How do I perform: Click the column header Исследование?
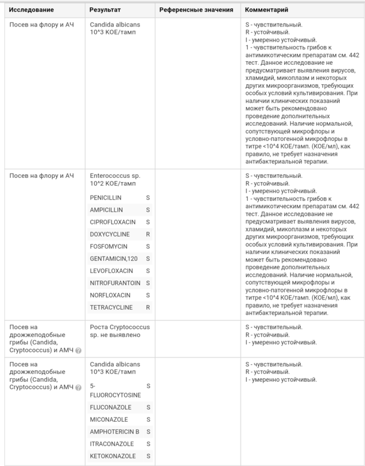(x=31, y=10)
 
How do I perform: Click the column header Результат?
(x=105, y=10)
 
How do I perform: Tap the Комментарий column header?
(x=266, y=10)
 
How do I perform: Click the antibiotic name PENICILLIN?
(x=106, y=197)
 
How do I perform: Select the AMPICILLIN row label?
(x=106, y=209)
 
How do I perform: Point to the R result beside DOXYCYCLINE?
(x=148, y=234)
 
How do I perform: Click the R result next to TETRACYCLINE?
(x=148, y=307)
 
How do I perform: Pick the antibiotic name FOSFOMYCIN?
(x=109, y=246)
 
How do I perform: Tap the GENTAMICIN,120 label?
(x=113, y=258)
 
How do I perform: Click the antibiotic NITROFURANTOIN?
(x=115, y=283)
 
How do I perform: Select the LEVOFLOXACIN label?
(x=111, y=271)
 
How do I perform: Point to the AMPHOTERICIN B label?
(x=115, y=432)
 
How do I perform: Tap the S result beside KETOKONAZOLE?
(x=149, y=456)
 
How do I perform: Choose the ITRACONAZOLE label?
(x=112, y=444)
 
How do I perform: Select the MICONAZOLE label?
(x=109, y=419)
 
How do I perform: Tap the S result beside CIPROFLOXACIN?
(x=148, y=222)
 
